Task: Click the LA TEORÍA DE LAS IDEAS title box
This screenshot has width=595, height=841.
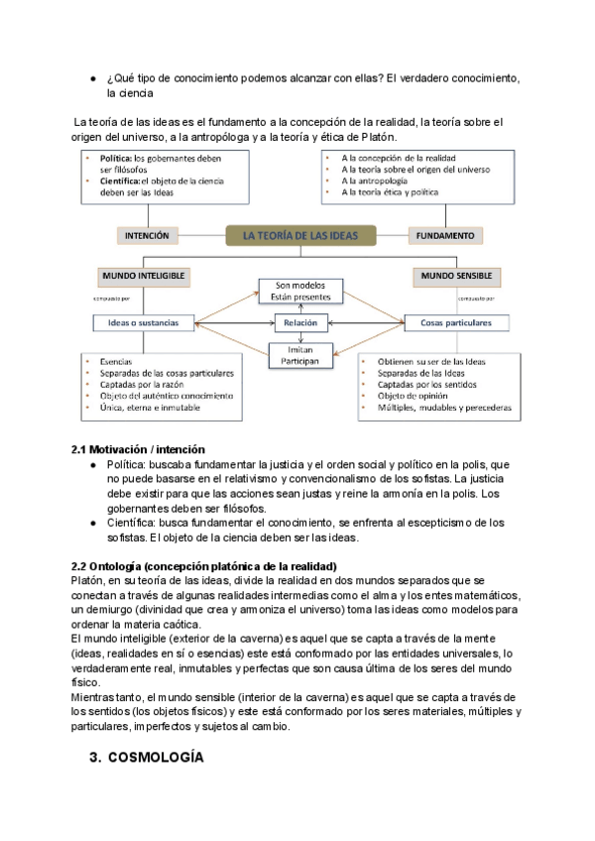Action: coord(301,235)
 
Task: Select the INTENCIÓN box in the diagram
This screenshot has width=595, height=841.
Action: coord(146,236)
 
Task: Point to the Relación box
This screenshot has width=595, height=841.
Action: coord(300,322)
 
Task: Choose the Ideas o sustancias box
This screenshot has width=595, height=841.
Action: coord(142,322)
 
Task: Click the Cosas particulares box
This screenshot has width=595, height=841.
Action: coord(456,322)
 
